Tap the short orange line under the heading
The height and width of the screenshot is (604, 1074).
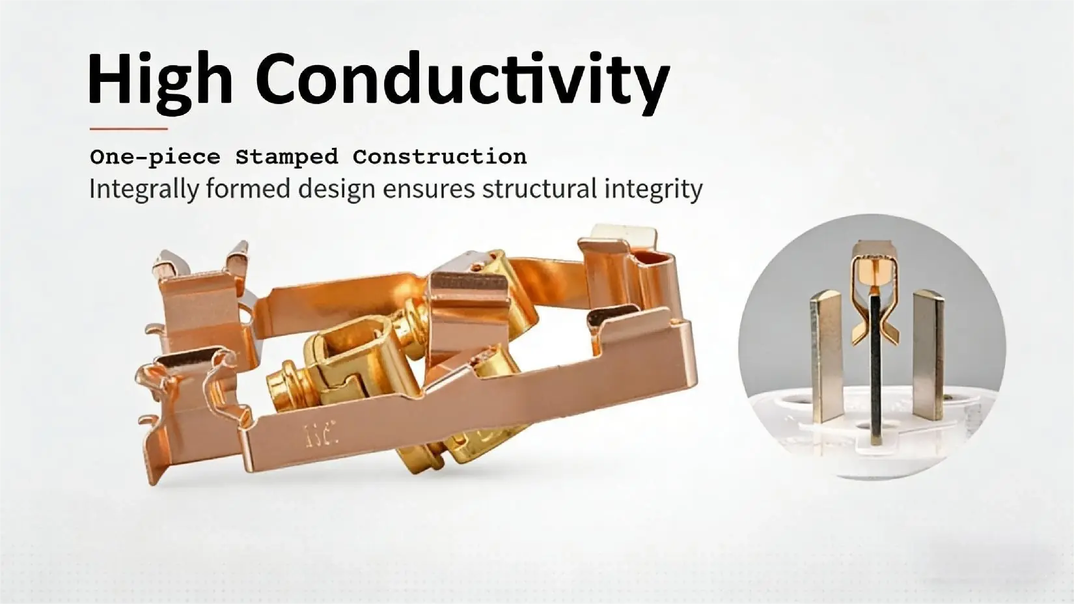128,129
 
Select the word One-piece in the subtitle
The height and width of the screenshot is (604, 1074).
154,158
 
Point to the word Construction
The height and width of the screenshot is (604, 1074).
439,158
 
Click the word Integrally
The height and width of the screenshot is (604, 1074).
143,189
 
